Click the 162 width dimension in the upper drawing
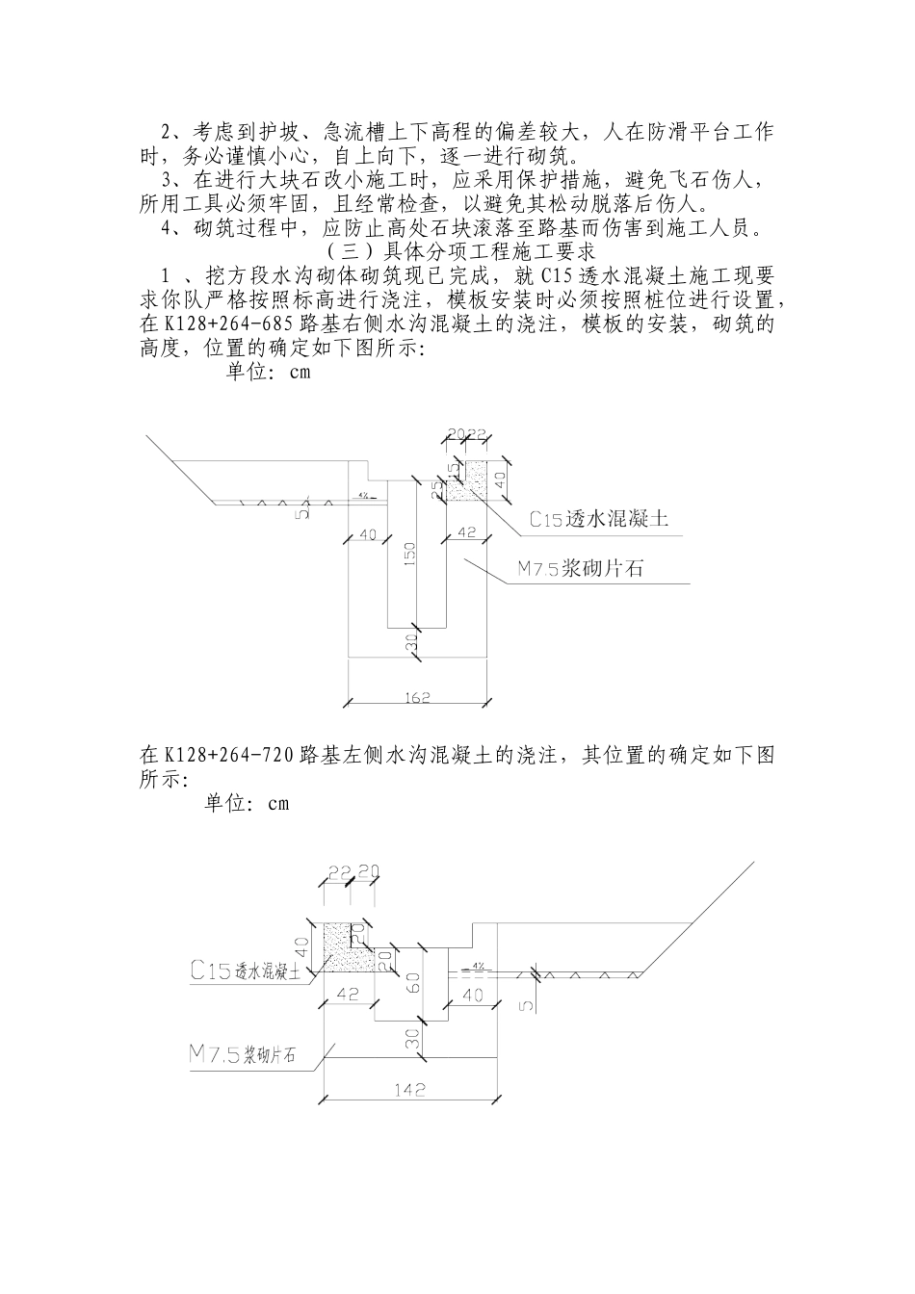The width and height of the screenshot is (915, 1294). point(417,697)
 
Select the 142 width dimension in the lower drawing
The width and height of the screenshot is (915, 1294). point(408,1090)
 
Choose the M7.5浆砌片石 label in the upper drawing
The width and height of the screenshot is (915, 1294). point(581,569)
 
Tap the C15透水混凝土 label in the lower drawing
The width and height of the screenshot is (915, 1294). point(247,971)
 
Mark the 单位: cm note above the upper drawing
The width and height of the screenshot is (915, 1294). point(269,372)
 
